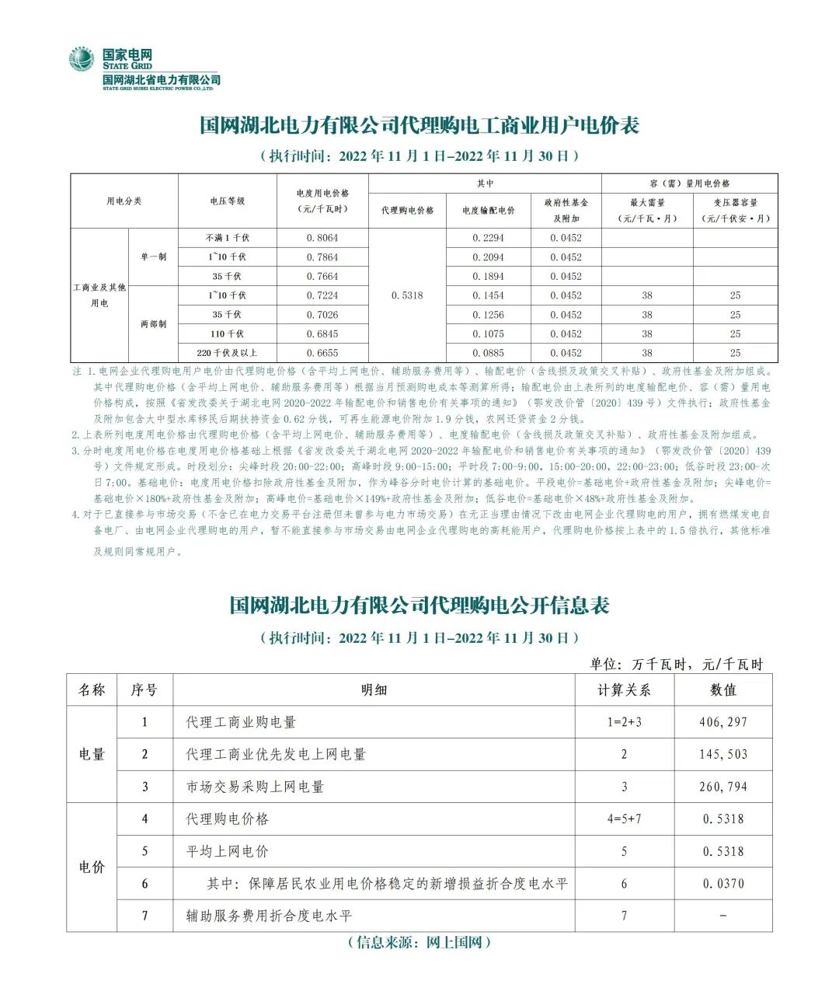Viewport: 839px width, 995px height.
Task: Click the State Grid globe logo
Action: [x=81, y=60]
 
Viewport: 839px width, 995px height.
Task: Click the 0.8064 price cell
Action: [x=322, y=238]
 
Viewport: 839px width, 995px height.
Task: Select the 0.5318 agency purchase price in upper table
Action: [x=407, y=295]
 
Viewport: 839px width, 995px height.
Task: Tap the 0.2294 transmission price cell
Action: [x=488, y=238]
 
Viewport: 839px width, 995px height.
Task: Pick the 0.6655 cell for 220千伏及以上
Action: [x=322, y=353]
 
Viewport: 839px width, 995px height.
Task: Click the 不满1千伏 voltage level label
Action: [x=228, y=238]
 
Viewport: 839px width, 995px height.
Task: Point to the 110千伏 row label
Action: [x=228, y=333]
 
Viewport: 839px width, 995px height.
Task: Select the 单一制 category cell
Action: [x=153, y=257]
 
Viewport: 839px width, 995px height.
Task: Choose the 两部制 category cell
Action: [x=153, y=324]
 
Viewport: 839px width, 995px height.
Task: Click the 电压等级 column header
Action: [x=228, y=201]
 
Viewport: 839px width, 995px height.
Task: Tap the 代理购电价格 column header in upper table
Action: [x=407, y=211]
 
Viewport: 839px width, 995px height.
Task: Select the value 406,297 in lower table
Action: [x=723, y=722]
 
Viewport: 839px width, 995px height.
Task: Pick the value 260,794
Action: [x=723, y=787]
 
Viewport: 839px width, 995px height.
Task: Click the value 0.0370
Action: [x=723, y=884]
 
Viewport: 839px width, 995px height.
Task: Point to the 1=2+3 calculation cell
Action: [x=624, y=722]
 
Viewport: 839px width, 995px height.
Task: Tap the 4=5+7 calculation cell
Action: [x=624, y=819]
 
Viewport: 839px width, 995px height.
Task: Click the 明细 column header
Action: [x=374, y=690]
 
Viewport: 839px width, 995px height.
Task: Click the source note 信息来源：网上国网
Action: [x=419, y=942]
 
